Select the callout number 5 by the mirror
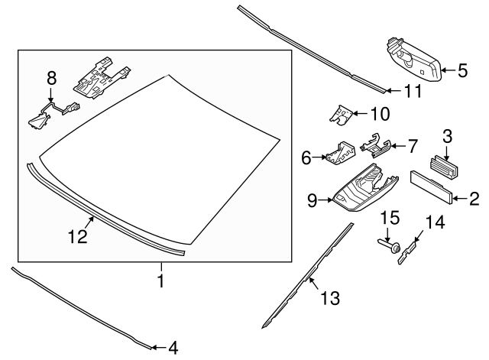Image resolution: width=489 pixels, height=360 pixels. tap(463, 72)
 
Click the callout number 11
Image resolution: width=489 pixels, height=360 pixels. tap(413, 92)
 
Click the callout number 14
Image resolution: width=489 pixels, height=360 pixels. tap(435, 223)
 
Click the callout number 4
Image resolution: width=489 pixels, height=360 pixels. tap(173, 349)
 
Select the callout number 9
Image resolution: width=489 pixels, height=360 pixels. tap(313, 201)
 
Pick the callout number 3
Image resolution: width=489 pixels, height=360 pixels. tap(449, 137)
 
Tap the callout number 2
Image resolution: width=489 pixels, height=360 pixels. tap(474, 200)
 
